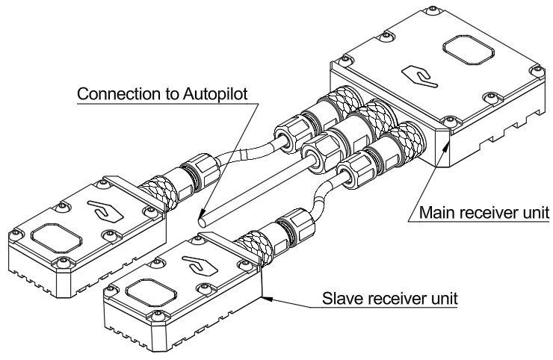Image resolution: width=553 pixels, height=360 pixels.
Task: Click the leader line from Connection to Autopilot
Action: click(215, 161)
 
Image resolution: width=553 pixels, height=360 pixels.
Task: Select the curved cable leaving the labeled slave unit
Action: click(319, 202)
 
